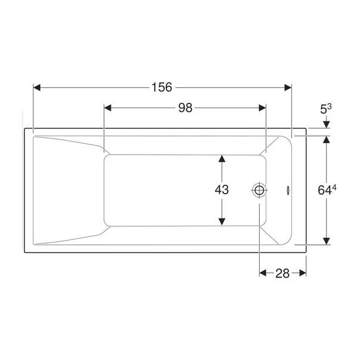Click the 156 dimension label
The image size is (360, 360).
(x=161, y=88)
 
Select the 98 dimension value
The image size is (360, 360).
(x=184, y=108)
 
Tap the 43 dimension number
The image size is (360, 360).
(x=221, y=190)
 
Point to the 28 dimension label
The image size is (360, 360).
(x=282, y=273)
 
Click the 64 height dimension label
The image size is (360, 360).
(x=325, y=190)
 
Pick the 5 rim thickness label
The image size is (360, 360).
(x=324, y=110)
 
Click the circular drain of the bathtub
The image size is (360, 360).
(x=260, y=190)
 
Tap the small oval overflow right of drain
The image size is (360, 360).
(x=288, y=190)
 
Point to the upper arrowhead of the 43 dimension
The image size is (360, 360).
(x=222, y=159)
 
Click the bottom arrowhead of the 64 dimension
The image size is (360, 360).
(x=327, y=241)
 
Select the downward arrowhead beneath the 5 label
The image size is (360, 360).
(x=327, y=124)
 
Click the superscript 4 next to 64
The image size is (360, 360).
(x=334, y=187)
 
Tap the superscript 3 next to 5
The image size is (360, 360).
(x=330, y=107)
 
